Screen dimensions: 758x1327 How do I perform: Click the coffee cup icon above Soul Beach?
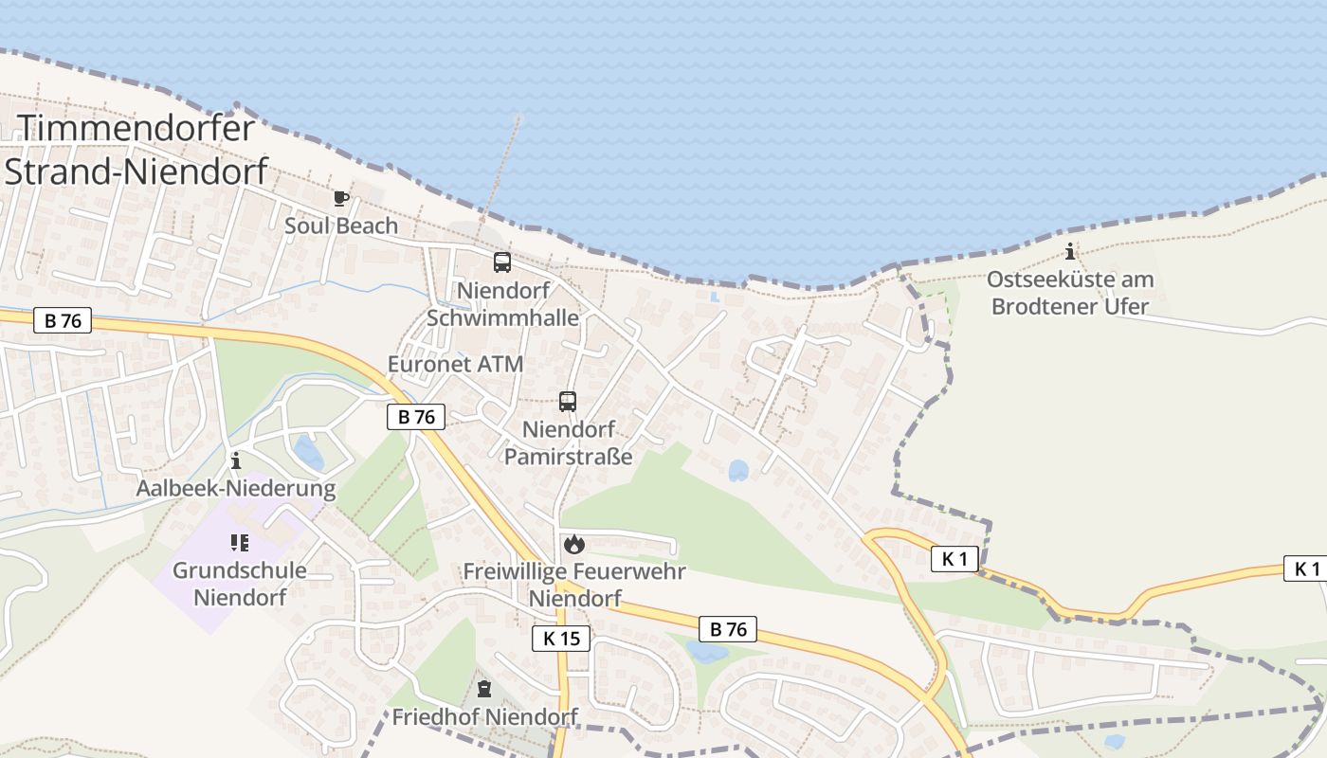[x=341, y=198]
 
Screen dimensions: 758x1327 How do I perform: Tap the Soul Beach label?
[x=341, y=226]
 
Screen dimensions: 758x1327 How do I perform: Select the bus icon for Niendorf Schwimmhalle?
[x=502, y=262]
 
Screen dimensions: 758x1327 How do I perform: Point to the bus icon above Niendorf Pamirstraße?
[x=568, y=402]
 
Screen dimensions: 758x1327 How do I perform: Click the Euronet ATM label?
[x=455, y=364]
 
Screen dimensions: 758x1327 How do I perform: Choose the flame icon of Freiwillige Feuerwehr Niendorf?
[x=573, y=544]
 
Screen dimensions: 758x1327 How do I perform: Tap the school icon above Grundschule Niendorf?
[x=239, y=543]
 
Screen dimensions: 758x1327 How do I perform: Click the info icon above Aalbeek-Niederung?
[x=236, y=460]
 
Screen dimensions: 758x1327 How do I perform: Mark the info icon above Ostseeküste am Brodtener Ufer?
[x=1070, y=251]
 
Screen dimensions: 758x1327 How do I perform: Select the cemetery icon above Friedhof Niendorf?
[x=484, y=689]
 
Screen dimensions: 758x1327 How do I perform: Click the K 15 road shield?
[x=561, y=639]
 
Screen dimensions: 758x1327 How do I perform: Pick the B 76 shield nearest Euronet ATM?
[x=416, y=416]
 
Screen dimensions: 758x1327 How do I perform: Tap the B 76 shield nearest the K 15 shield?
[x=728, y=628]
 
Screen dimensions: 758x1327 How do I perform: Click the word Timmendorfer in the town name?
[x=136, y=128]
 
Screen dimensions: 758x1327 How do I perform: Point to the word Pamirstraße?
[x=568, y=457]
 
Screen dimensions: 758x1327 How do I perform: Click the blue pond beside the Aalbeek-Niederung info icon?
[x=308, y=452]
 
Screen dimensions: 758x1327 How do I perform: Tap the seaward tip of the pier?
[x=517, y=119]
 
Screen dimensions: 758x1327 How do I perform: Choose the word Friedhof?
[x=436, y=716]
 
